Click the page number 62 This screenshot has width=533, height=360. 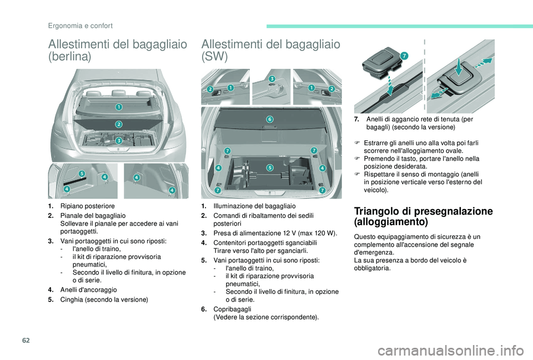tap(27, 340)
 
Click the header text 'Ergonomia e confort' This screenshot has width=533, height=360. tap(80, 26)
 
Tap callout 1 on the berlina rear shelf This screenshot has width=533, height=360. tap(119, 107)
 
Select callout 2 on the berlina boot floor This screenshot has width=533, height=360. tap(119, 124)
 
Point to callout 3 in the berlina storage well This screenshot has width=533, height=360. tap(119, 140)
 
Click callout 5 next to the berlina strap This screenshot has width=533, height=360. tap(82, 174)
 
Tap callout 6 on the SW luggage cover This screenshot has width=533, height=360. tap(270, 119)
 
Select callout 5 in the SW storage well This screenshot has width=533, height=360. tap(270, 168)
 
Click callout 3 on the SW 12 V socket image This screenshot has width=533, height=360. tap(272, 79)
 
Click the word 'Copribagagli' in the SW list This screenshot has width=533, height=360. tap(233, 309)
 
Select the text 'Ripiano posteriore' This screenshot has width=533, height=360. tap(88, 206)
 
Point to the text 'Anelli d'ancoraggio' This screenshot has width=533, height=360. tap(88, 290)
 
